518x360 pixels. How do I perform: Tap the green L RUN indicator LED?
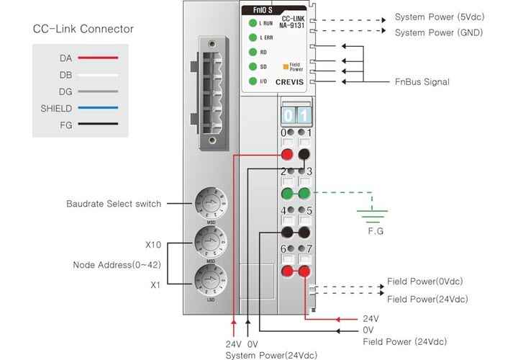click(253, 24)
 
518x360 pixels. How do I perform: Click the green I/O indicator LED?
click(253, 81)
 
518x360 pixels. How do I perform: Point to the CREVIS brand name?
click(290, 82)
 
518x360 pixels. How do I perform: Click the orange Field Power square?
click(285, 66)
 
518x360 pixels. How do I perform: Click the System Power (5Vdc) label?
click(440, 17)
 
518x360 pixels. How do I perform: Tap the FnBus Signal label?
click(422, 82)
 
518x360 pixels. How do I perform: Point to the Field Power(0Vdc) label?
click(424, 282)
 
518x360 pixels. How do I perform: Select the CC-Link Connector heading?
click(83, 30)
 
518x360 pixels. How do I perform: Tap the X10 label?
click(153, 244)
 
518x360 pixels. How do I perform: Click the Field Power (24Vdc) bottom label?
click(404, 341)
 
